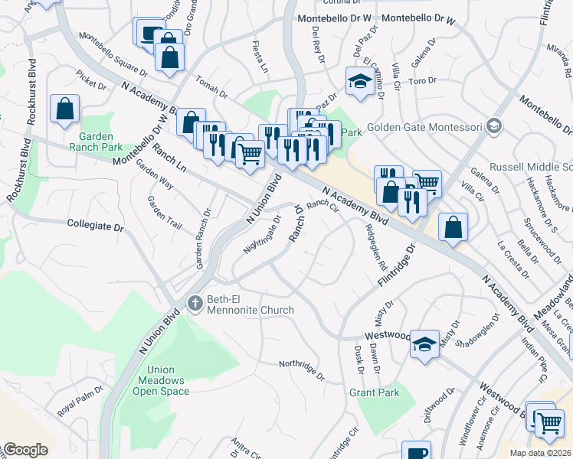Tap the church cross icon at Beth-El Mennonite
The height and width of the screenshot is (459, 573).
[x=195, y=304]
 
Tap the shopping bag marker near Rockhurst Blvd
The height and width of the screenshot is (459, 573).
[x=65, y=109]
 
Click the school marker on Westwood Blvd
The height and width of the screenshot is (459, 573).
[x=424, y=343]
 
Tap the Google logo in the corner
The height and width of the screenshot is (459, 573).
[x=25, y=450]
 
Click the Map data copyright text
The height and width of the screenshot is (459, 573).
[x=540, y=453]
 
